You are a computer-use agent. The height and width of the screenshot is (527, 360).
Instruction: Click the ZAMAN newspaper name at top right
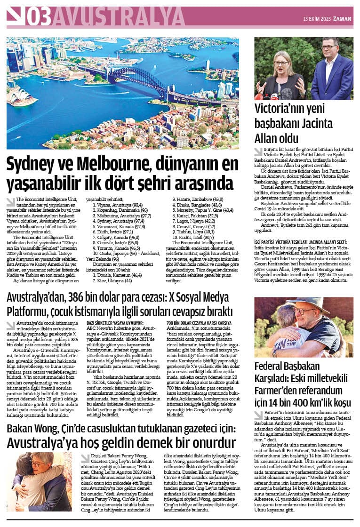[x=343, y=19]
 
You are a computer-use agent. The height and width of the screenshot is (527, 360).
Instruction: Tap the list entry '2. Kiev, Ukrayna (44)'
[x=108, y=280]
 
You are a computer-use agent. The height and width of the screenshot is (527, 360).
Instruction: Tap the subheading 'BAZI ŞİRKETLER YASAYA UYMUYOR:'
[x=114, y=322]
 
